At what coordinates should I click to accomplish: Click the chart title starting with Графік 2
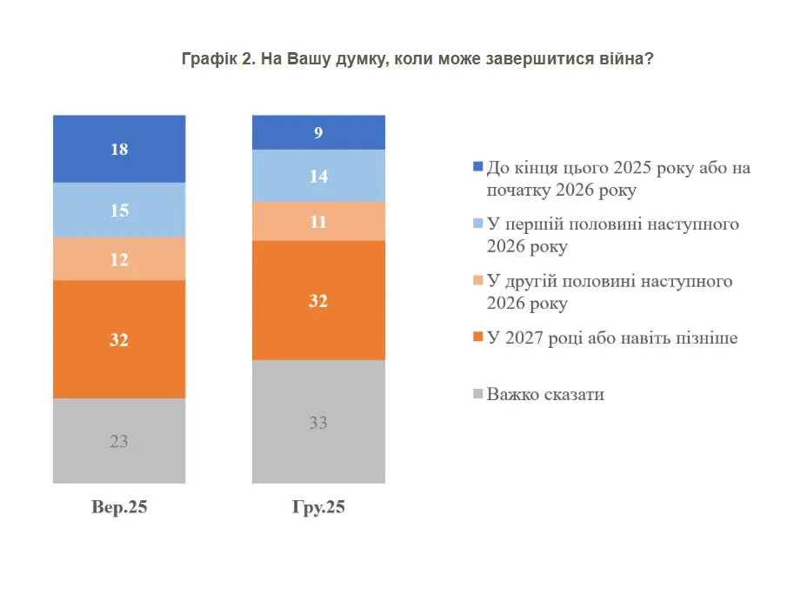pyautogui.click(x=417, y=59)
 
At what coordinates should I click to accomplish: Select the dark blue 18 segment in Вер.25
pyautogui.click(x=119, y=149)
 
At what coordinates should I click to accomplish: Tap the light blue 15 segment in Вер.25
pyautogui.click(x=119, y=210)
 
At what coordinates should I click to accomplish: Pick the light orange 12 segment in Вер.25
pyautogui.click(x=119, y=258)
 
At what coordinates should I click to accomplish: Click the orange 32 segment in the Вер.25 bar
pyautogui.click(x=119, y=339)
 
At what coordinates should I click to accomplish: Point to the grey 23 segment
pyautogui.click(x=119, y=440)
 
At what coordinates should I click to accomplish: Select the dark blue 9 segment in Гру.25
pyautogui.click(x=318, y=132)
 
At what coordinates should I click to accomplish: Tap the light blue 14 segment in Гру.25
pyautogui.click(x=318, y=176)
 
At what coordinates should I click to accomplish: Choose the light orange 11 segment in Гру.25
pyautogui.click(x=318, y=221)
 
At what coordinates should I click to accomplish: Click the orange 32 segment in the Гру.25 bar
pyautogui.click(x=318, y=300)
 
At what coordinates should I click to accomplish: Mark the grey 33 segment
pyautogui.click(x=318, y=422)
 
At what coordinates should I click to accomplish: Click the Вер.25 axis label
pyautogui.click(x=119, y=508)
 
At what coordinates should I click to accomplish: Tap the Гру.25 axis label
pyautogui.click(x=318, y=508)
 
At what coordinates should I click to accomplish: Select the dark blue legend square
pyautogui.click(x=477, y=167)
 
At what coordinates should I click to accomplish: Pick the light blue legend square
pyautogui.click(x=477, y=224)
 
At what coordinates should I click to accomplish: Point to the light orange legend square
pyautogui.click(x=477, y=282)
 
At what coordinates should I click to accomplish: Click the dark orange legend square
pyautogui.click(x=477, y=338)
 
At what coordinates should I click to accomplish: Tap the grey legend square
pyautogui.click(x=477, y=395)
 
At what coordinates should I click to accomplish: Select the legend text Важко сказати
pyautogui.click(x=545, y=395)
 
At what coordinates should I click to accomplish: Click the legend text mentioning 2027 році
pyautogui.click(x=612, y=338)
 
